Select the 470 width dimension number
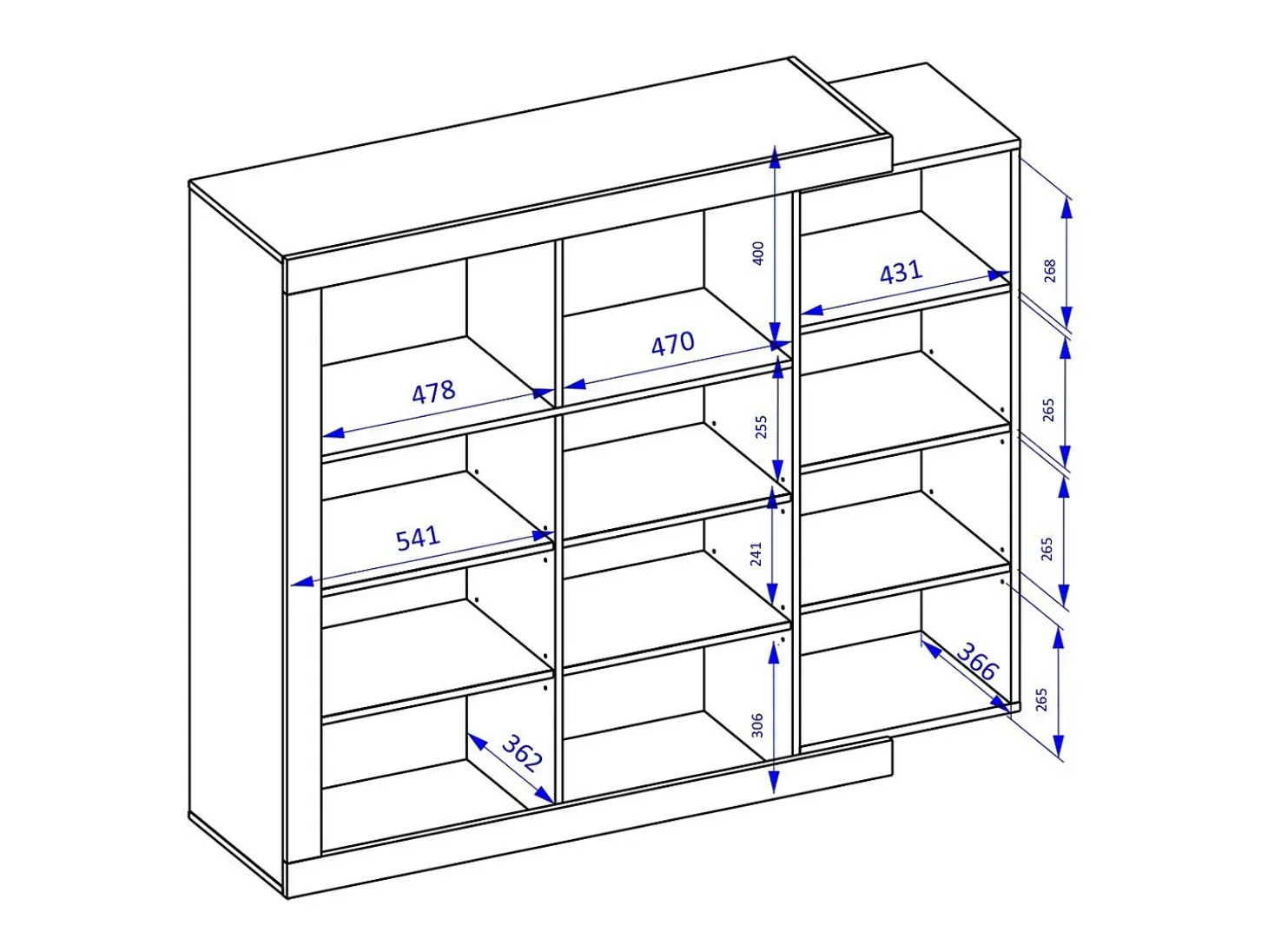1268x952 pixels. click(x=672, y=343)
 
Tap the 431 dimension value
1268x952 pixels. click(x=901, y=273)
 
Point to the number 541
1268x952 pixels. click(x=418, y=538)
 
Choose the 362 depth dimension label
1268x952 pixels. click(x=522, y=753)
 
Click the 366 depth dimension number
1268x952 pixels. click(x=977, y=661)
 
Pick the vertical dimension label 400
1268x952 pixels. click(x=758, y=253)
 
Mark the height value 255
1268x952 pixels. click(x=762, y=426)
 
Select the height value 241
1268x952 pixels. click(x=756, y=554)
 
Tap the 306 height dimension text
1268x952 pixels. click(x=756, y=725)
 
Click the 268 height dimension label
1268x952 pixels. click(x=1050, y=270)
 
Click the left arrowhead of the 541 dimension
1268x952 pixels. click(x=302, y=581)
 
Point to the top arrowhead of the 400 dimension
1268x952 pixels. click(x=775, y=156)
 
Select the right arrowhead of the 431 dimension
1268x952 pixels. click(x=999, y=275)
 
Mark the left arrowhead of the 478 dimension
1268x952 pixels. click(x=334, y=433)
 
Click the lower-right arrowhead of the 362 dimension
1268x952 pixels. click(x=545, y=795)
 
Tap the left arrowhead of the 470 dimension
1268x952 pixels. click(x=574, y=384)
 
